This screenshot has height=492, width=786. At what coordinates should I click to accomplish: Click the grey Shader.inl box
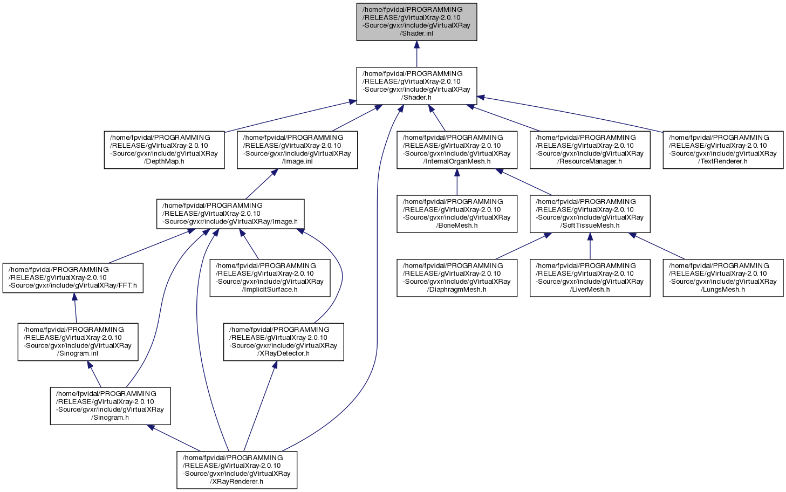click(416, 22)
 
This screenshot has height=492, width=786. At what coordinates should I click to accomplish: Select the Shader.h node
click(416, 86)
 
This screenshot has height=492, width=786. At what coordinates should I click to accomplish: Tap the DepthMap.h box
click(164, 150)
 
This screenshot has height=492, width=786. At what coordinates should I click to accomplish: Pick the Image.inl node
click(297, 150)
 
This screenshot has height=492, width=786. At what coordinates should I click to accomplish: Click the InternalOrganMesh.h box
click(457, 150)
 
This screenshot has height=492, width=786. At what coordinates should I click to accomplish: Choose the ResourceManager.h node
click(590, 150)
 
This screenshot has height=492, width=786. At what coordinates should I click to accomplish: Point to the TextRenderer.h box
click(723, 150)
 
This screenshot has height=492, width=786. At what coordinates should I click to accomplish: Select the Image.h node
click(230, 214)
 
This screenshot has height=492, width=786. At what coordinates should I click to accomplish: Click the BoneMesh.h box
click(457, 214)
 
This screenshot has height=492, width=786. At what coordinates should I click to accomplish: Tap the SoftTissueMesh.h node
click(590, 214)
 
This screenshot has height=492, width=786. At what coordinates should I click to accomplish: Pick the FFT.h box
click(73, 278)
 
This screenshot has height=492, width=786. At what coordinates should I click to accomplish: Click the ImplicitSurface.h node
click(270, 278)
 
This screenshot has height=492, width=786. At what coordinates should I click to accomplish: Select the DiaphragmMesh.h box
click(457, 278)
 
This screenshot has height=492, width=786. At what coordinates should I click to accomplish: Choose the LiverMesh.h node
click(590, 278)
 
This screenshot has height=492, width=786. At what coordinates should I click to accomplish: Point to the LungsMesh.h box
click(723, 278)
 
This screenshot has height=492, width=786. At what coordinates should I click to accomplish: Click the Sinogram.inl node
click(78, 342)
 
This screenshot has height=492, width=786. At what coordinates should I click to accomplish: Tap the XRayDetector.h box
click(284, 342)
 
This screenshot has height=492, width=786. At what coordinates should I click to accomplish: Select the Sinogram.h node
click(110, 406)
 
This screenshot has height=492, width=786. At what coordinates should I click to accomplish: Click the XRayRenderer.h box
click(237, 470)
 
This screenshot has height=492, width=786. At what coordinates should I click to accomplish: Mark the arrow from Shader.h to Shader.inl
click(416, 54)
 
